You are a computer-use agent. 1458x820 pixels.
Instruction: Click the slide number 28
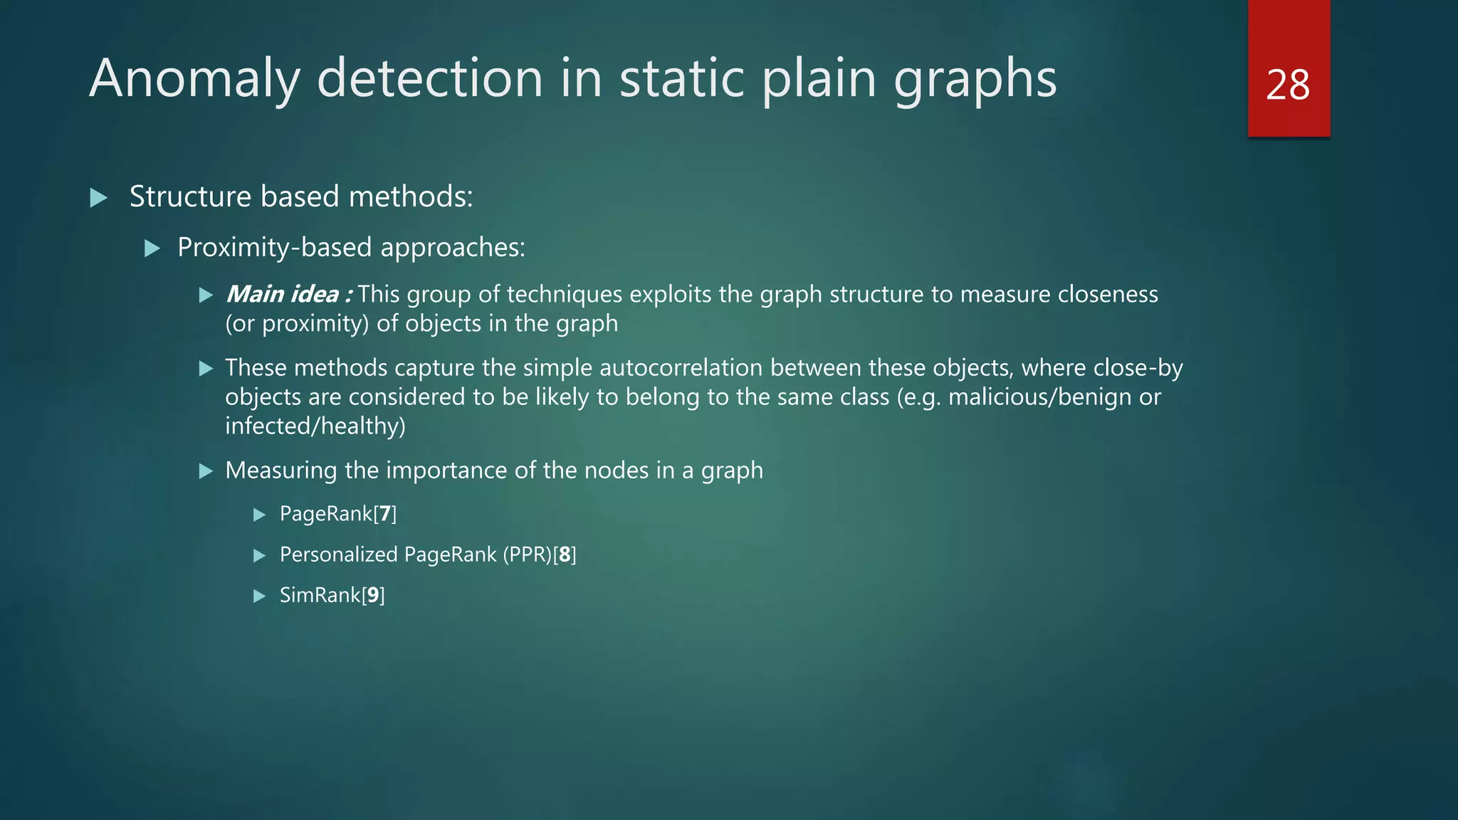[1288, 85]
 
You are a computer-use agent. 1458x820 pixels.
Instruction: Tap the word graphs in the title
[975, 78]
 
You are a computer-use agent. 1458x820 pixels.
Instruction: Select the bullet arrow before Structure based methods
[98, 198]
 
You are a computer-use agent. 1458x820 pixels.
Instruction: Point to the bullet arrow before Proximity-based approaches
[152, 248]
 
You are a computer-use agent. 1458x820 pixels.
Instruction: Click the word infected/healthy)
[315, 426]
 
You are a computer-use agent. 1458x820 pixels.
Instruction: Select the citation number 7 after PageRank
[385, 514]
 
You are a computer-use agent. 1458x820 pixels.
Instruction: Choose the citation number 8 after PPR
[565, 554]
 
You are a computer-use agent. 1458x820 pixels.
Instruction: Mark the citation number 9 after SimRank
[373, 595]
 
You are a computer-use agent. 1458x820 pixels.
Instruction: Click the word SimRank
[320, 595]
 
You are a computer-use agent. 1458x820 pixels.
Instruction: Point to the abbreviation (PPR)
[527, 554]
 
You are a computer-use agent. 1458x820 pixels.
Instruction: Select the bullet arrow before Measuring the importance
[206, 471]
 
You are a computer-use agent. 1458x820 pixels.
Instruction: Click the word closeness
[1108, 294]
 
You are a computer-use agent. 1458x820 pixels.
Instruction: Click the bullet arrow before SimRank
[259, 596]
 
